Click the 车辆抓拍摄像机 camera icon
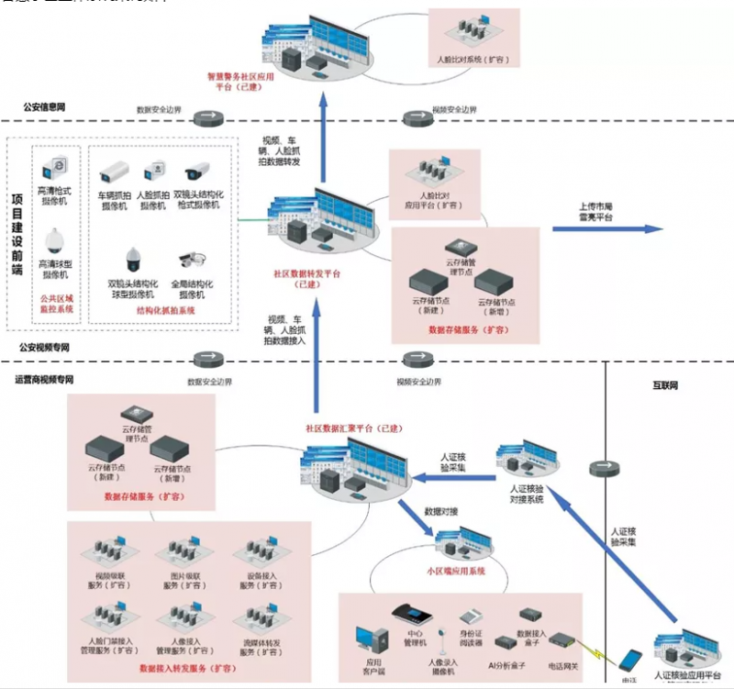pos(117,171)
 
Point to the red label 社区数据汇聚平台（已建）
pos(345,428)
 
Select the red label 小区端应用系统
pos(455,570)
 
